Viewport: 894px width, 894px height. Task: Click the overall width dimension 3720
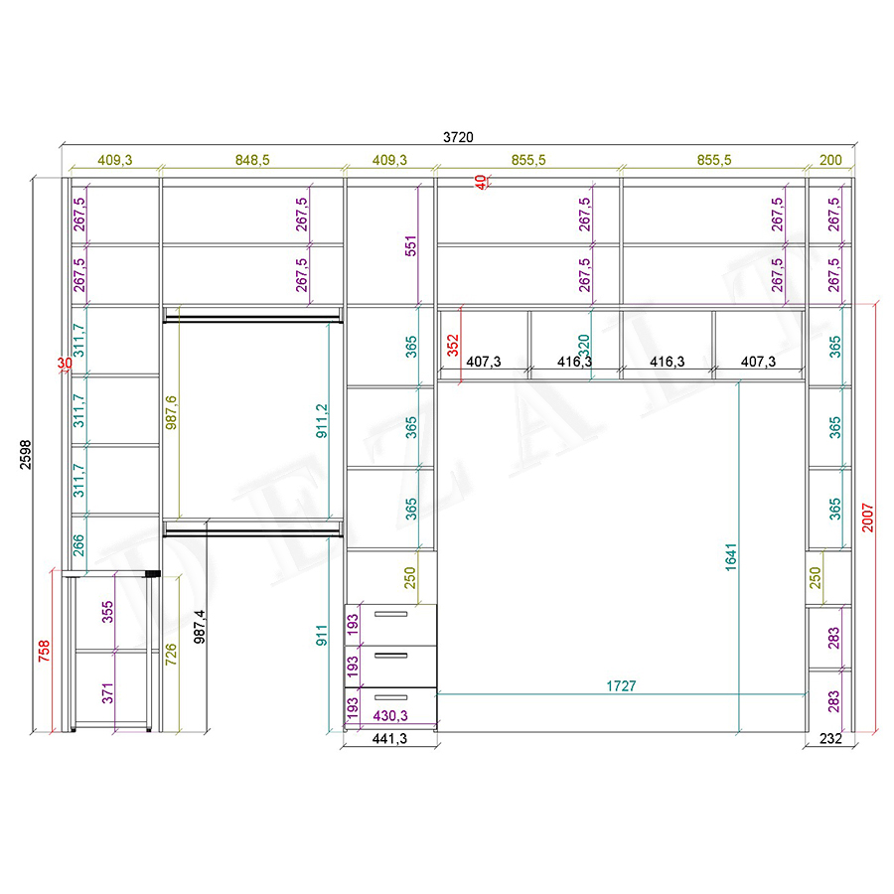[458, 137]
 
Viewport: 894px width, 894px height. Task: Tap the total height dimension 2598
[26, 454]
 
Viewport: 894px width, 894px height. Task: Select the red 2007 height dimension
[867, 518]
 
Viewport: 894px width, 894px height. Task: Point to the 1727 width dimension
[621, 685]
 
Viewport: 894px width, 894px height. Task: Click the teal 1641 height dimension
[731, 557]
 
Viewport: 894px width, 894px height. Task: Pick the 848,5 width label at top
[252, 160]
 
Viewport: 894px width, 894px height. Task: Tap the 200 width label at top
[830, 160]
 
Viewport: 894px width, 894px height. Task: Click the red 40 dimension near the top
[481, 182]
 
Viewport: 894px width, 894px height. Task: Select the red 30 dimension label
[65, 364]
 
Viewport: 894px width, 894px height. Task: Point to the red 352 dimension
[453, 346]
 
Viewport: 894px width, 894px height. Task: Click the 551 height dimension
[411, 245]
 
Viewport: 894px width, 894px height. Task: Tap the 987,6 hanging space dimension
[171, 412]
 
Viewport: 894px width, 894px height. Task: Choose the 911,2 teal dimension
[322, 421]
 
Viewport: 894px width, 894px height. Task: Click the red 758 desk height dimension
[44, 651]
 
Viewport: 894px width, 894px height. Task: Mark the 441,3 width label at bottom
[390, 739]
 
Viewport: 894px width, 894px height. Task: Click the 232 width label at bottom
[830, 739]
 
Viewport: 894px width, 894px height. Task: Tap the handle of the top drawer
[390, 614]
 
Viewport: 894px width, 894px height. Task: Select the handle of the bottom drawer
[390, 697]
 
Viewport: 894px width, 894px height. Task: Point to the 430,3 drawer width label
[390, 715]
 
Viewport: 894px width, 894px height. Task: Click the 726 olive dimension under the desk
[171, 655]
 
